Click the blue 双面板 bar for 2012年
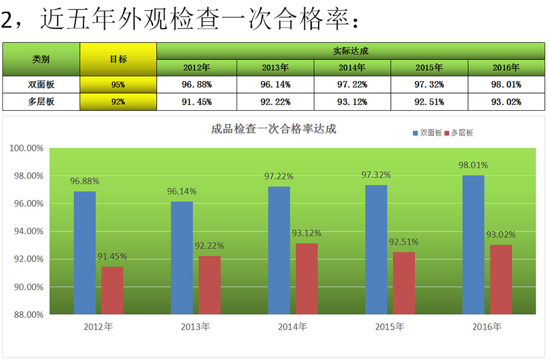point(85,253)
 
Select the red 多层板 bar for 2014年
point(307,278)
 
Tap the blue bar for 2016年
point(473,244)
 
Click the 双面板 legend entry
point(427,133)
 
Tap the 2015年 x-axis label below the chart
point(390,327)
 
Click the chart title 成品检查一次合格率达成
point(274,129)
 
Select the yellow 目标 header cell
point(118,59)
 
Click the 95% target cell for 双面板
point(118,85)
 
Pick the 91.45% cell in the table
point(197,102)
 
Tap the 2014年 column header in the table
point(352,68)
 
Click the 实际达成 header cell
point(351,51)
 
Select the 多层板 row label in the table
point(41,102)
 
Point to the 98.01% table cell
point(506,85)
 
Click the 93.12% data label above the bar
point(307,233)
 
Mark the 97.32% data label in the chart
point(376,175)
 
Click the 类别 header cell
point(41,59)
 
